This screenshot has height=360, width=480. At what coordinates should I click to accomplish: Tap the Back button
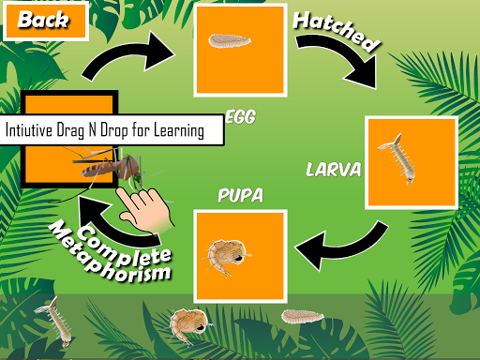[x=44, y=20]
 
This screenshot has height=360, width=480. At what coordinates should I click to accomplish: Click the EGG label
[x=241, y=117]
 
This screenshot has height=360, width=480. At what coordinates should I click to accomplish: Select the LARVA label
[x=332, y=171]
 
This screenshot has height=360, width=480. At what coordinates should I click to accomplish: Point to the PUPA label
[x=240, y=196]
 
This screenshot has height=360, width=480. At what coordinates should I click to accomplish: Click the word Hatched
[x=337, y=32]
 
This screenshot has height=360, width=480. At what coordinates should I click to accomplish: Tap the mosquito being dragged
[x=103, y=169]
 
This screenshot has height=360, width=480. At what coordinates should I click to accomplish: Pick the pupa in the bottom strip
[x=181, y=326]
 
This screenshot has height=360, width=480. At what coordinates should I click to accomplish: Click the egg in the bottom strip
[x=302, y=317]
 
